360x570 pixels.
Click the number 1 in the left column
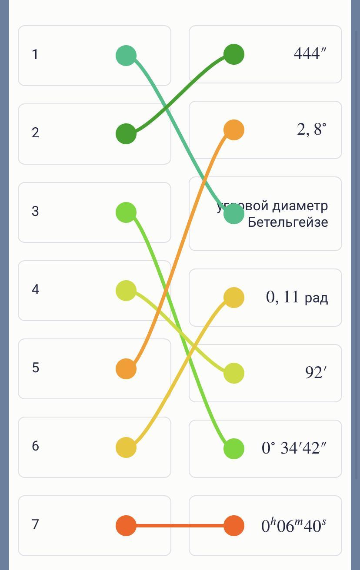(x=35, y=55)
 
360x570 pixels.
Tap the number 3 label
(x=35, y=211)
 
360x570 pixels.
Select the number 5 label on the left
(x=35, y=368)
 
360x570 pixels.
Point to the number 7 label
(x=35, y=524)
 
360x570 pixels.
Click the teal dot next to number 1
(x=126, y=56)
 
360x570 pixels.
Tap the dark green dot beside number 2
(x=126, y=134)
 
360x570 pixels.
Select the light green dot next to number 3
(x=126, y=212)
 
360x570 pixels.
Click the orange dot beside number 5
(x=126, y=369)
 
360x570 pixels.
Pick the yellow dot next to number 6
(x=126, y=447)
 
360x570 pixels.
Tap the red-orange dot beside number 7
(x=126, y=526)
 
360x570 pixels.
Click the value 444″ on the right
(x=310, y=54)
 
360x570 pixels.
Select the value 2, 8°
(x=311, y=129)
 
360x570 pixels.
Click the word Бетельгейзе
(x=288, y=222)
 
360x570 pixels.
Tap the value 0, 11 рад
(x=297, y=297)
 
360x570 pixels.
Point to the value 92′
(x=316, y=373)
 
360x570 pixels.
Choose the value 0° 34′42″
(x=293, y=448)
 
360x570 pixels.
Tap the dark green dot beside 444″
(x=234, y=54)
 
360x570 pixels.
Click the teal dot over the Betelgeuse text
(x=234, y=214)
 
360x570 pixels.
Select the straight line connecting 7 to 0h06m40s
(x=180, y=526)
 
